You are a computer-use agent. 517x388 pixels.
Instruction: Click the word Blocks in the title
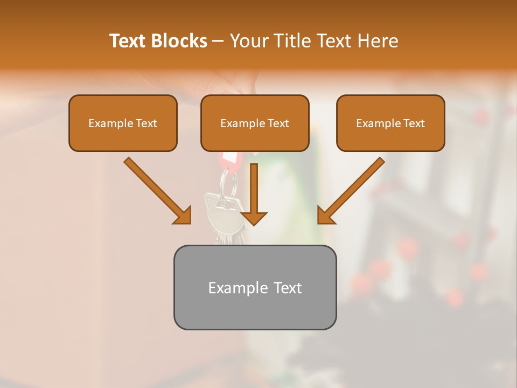(x=179, y=41)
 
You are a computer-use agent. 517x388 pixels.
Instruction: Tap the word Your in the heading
(x=248, y=41)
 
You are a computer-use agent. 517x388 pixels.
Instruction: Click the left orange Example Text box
(x=123, y=123)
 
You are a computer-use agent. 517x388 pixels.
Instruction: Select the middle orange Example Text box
(x=255, y=123)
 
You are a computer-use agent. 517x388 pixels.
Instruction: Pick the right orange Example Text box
(x=390, y=123)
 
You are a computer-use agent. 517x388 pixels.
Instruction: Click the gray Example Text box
(x=255, y=287)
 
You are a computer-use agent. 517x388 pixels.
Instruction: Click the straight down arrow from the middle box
(x=254, y=194)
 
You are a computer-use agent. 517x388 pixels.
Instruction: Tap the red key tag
(x=230, y=160)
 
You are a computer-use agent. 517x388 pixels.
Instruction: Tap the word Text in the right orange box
(x=414, y=123)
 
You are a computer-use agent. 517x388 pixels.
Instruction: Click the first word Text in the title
(x=129, y=41)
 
